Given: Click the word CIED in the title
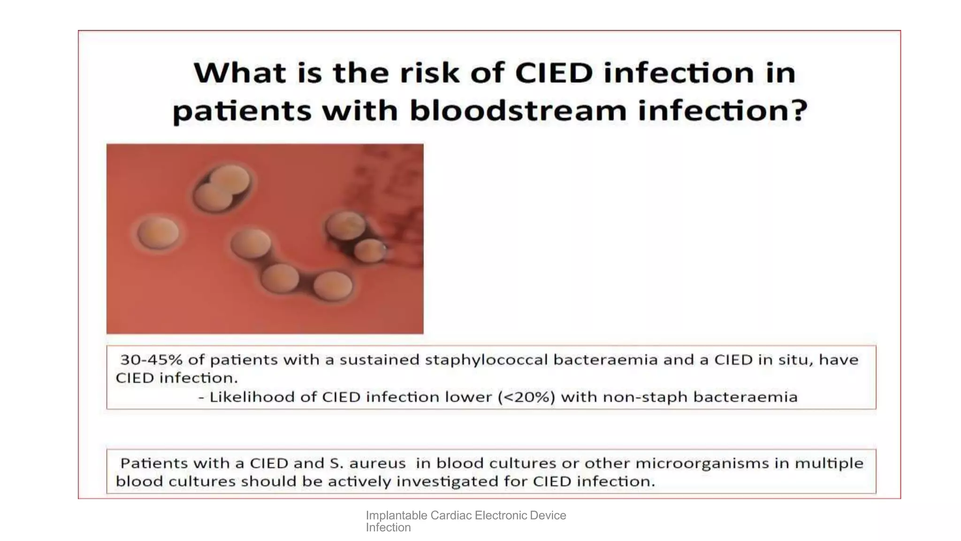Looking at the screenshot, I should tap(554, 73).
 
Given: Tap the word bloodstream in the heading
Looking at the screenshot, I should tap(518, 111).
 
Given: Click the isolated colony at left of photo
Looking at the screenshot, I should tap(158, 232).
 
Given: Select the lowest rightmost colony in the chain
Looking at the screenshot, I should tap(333, 286).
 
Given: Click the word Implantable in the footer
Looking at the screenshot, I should tap(396, 516).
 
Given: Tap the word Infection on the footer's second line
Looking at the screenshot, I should tap(388, 528).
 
